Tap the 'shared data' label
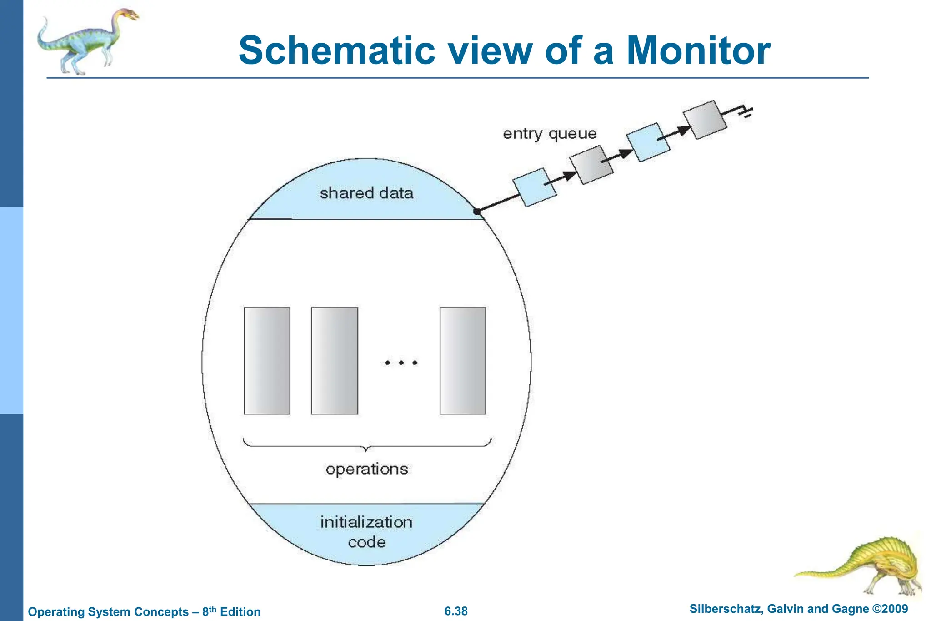366,193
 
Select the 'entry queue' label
549,134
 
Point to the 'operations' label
366,469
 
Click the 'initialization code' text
366,532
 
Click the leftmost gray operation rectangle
267,361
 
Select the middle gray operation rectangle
334,361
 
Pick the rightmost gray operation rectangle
463,361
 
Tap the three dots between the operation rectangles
401,363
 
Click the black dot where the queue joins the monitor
477,212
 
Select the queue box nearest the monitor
535,187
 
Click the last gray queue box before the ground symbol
705,120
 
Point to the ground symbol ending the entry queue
746,111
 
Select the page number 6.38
455,611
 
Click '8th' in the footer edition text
209,611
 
